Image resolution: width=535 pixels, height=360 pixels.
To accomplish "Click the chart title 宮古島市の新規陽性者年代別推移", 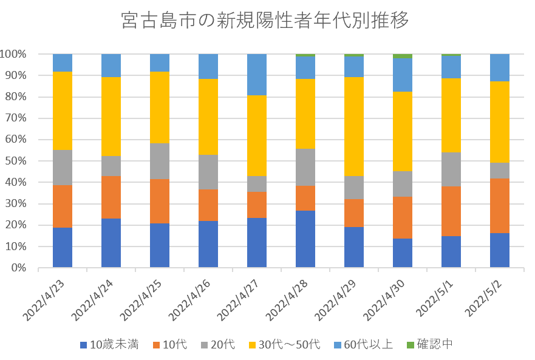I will point(265,21).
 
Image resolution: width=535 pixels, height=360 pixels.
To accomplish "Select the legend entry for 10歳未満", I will point(109,345).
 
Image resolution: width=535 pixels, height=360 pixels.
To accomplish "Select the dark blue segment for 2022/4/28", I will point(305,239).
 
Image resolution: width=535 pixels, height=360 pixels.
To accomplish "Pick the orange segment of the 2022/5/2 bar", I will point(500,205).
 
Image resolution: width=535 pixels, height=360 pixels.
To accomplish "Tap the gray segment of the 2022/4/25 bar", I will point(160,161).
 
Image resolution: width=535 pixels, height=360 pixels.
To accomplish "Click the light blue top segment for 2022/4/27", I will point(257,75).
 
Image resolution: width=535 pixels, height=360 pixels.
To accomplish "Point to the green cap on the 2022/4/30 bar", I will point(403,56).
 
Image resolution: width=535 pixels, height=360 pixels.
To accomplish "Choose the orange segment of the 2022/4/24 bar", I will point(111,197).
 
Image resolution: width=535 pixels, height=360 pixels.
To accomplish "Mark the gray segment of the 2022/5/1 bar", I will point(451,169).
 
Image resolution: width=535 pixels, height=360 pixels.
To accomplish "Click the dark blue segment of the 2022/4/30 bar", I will point(403,253).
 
